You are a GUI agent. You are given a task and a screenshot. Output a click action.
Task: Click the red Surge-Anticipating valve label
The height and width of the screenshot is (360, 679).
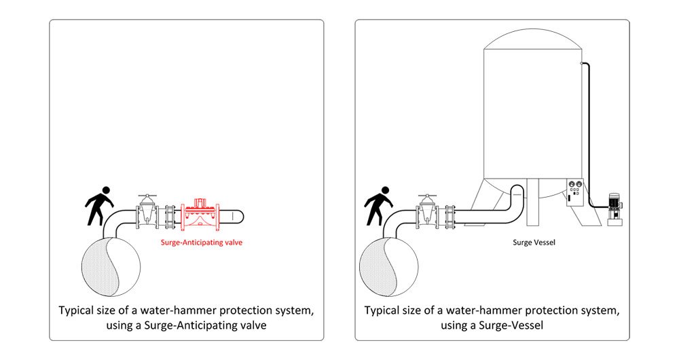pyautogui.click(x=202, y=242)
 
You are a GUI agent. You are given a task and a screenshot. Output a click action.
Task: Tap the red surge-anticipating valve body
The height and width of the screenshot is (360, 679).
pyautogui.click(x=201, y=215)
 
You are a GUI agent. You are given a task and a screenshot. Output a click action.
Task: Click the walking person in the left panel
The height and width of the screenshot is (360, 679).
pyautogui.click(x=100, y=206)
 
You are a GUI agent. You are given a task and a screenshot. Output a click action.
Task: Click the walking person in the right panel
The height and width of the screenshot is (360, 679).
pyautogui.click(x=378, y=206)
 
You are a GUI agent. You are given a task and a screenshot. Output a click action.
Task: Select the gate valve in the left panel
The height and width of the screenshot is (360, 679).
pyautogui.click(x=147, y=211)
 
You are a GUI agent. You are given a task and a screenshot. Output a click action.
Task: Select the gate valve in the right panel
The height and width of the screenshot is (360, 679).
pyautogui.click(x=426, y=211)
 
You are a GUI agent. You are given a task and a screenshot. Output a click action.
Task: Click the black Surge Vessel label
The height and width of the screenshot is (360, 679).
pyautogui.click(x=534, y=242)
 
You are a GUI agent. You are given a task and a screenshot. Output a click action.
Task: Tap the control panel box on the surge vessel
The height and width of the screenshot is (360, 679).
pyautogui.click(x=575, y=192)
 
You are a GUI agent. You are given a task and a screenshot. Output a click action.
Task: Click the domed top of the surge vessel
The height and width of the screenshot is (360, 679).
pyautogui.click(x=532, y=39)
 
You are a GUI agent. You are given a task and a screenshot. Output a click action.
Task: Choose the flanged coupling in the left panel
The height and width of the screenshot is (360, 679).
pyautogui.click(x=170, y=217)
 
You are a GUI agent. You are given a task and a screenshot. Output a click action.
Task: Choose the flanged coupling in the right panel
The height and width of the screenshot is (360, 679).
pyautogui.click(x=450, y=217)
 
